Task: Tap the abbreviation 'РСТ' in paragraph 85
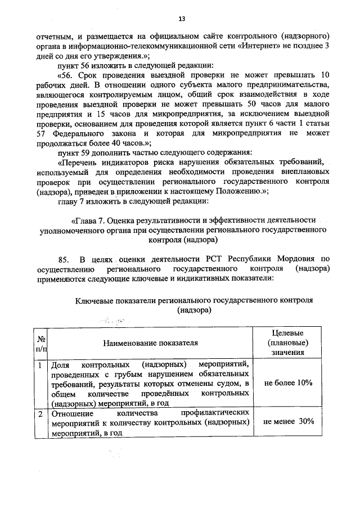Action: [212, 259]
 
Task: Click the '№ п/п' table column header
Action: [41, 343]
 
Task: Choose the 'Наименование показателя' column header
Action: [151, 343]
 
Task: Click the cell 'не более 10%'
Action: [287, 382]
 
